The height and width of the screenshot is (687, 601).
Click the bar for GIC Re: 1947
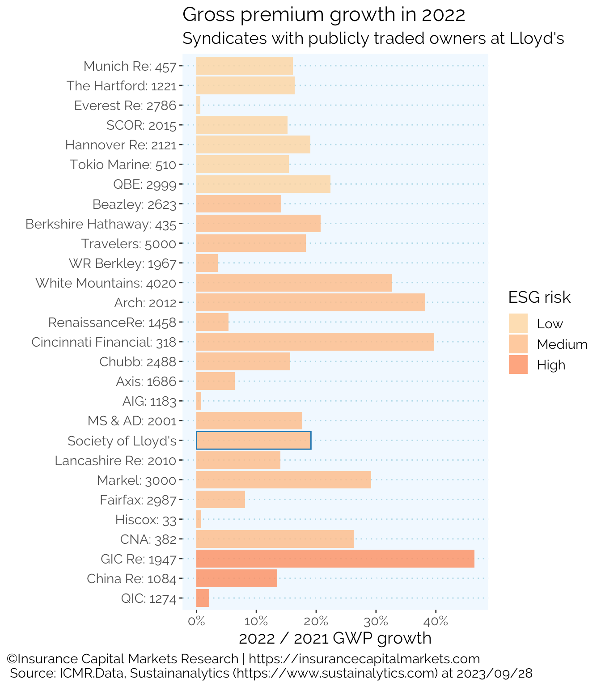tap(335, 559)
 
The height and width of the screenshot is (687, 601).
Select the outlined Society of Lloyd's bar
tap(254, 441)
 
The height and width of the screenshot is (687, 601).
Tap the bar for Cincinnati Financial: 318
tap(315, 342)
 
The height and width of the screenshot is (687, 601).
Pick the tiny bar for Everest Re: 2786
tap(198, 105)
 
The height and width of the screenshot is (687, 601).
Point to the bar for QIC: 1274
tap(203, 598)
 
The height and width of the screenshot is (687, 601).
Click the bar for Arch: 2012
tap(310, 302)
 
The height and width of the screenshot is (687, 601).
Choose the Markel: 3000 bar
tap(284, 480)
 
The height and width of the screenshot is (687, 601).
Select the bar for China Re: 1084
tap(237, 578)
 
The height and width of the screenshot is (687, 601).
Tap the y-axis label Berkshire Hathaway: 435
tap(101, 224)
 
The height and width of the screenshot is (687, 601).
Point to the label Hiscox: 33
tap(145, 520)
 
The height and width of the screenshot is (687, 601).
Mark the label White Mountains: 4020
tap(106, 283)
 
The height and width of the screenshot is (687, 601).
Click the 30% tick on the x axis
tap(376, 621)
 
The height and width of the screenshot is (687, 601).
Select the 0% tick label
tap(196, 621)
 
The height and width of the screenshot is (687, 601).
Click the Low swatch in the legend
tap(518, 323)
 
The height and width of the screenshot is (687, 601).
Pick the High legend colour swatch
tap(518, 365)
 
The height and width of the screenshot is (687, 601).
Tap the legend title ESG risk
tap(539, 297)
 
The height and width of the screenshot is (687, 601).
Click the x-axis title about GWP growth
tap(335, 638)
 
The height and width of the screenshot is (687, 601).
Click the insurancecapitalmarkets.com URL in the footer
tap(364, 659)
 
